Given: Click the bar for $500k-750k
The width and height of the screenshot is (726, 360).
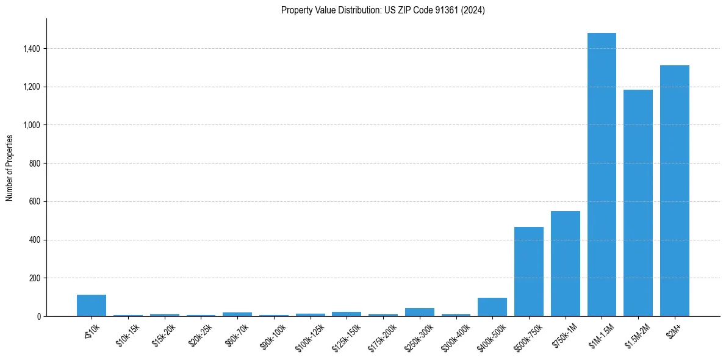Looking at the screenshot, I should point(528,272).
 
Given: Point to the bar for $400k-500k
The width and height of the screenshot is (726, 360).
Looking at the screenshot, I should point(492,307).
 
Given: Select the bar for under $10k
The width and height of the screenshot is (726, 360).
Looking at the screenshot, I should point(92,306).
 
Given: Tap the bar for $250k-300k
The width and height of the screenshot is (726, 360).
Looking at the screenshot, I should point(419,312).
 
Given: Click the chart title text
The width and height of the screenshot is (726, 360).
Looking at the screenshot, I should point(383,10).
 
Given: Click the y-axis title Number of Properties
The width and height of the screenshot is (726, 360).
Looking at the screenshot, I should point(10,167).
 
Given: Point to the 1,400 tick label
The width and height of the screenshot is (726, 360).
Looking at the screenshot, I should point(31,49).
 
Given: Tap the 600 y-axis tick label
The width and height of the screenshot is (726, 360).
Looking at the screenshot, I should point(34,201).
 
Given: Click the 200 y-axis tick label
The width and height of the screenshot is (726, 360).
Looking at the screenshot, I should point(34,278).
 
